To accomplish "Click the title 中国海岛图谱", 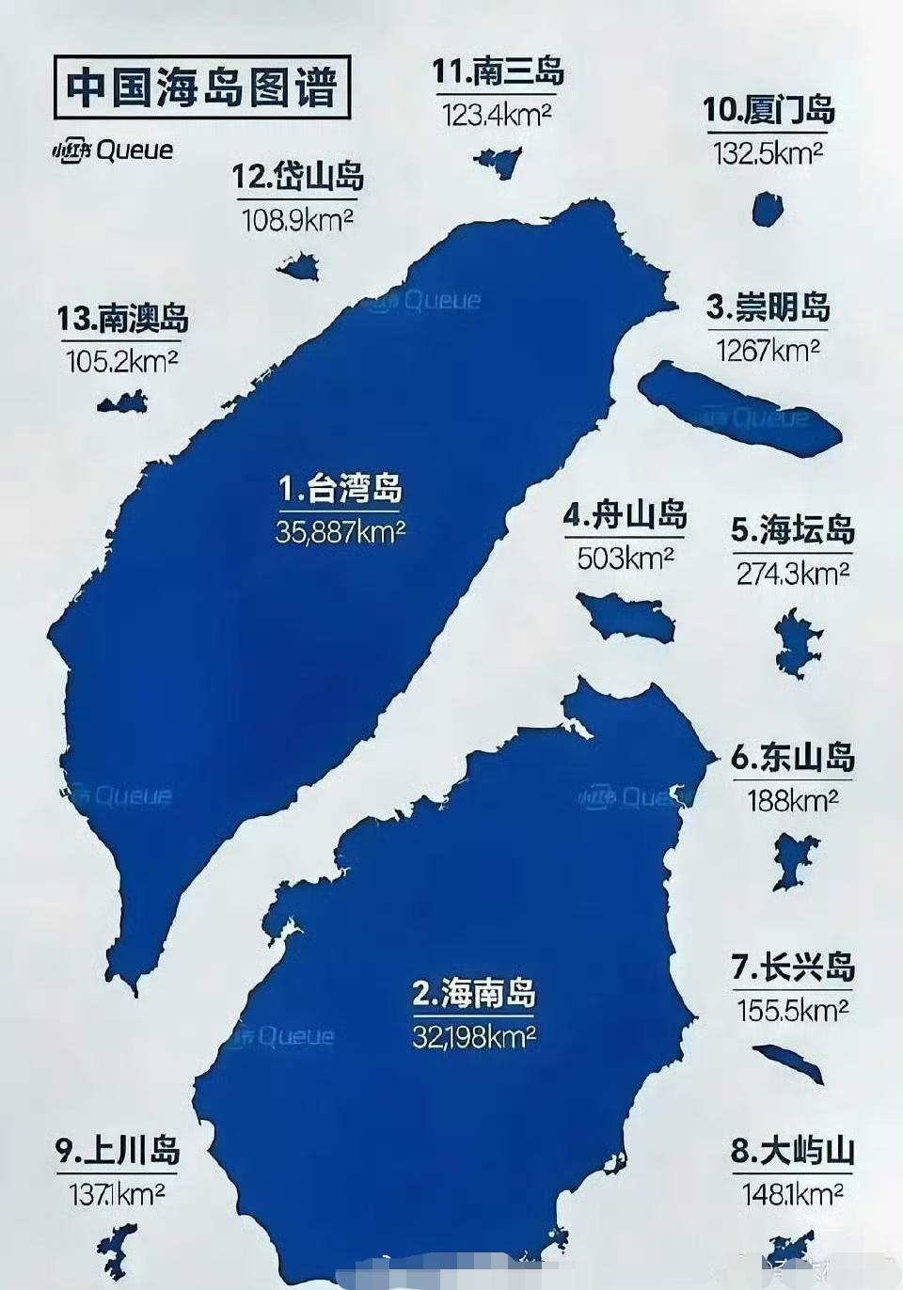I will pyautogui.click(x=201, y=87).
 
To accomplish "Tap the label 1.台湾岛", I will pyautogui.click(x=340, y=489).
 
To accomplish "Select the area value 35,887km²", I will pyautogui.click(x=340, y=532).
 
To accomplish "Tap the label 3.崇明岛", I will pyautogui.click(x=768, y=307).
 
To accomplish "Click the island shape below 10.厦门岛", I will pyautogui.click(x=768, y=209).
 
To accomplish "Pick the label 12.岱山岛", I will pyautogui.click(x=297, y=177).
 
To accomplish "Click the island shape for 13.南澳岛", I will pyautogui.click(x=123, y=404).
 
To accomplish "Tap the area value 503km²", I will pyautogui.click(x=625, y=558).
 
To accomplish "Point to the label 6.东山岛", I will pyautogui.click(x=792, y=758).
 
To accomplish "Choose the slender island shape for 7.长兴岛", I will pyautogui.click(x=788, y=1062).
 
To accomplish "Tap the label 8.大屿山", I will pyautogui.click(x=792, y=1151).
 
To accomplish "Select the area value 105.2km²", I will pyautogui.click(x=122, y=361).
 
